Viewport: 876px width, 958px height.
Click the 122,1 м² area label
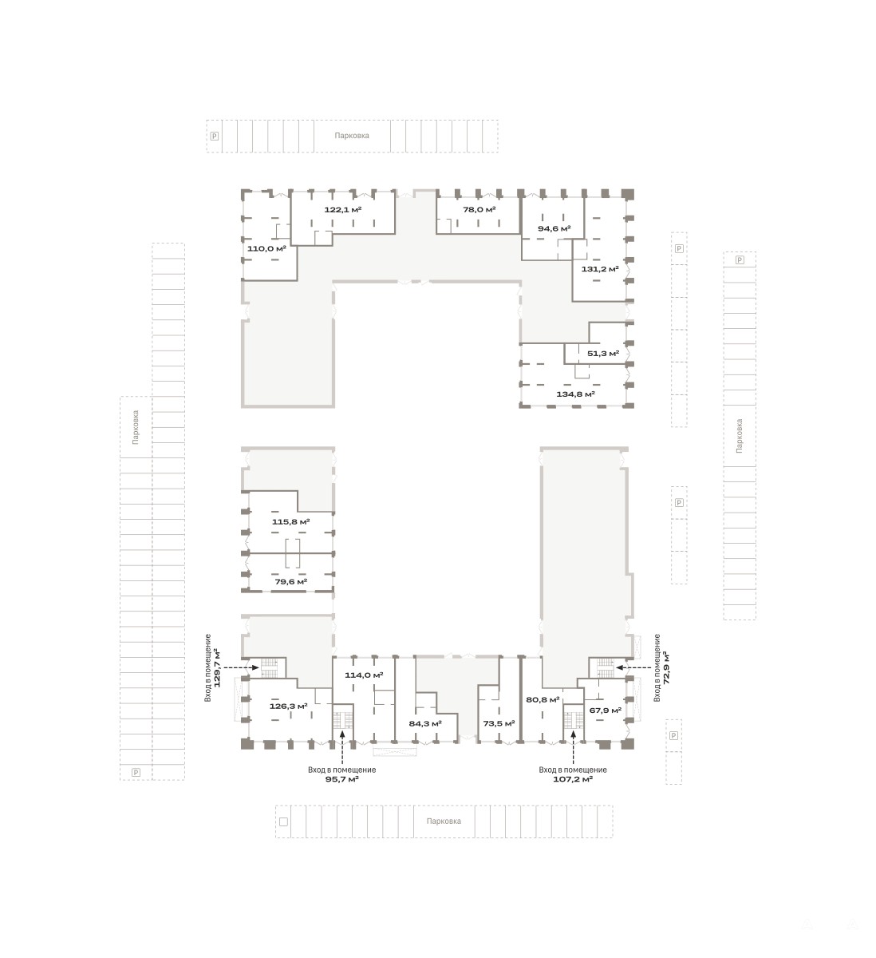(342, 209)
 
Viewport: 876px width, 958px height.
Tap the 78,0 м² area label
(479, 209)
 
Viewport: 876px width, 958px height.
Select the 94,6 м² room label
(554, 228)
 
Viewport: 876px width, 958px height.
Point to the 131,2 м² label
(600, 269)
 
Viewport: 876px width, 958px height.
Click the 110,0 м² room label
(266, 248)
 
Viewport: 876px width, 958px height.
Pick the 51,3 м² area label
(602, 354)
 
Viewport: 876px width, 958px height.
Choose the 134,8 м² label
(575, 394)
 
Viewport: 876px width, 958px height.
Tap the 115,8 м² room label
(290, 521)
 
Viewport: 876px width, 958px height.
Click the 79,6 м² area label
(290, 582)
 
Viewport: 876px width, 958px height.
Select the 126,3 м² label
(288, 706)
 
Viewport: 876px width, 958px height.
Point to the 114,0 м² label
(364, 675)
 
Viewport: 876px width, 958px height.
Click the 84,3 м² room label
(425, 723)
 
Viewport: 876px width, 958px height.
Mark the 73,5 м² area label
(499, 723)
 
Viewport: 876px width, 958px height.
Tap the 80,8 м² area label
(543, 699)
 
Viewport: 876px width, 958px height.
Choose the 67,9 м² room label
(605, 711)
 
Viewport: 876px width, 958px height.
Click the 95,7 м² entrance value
(341, 779)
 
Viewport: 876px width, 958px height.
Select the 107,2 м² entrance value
(572, 779)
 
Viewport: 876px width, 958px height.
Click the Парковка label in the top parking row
(351, 136)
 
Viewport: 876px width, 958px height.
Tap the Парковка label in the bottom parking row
(444, 821)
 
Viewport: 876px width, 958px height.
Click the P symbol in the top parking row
(215, 136)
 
